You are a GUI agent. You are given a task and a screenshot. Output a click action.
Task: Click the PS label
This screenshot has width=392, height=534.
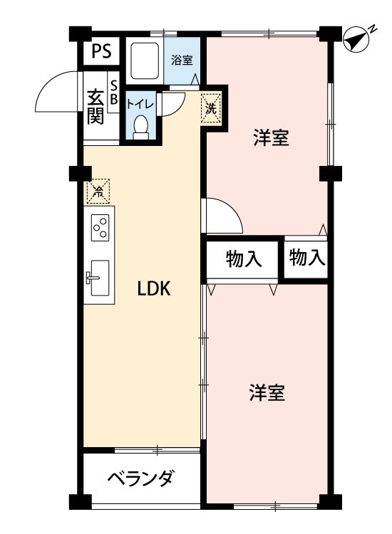102,51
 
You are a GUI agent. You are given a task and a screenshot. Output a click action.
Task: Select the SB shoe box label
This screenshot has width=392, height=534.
114,92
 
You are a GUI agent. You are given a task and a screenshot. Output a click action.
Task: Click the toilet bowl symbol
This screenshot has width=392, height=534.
141,127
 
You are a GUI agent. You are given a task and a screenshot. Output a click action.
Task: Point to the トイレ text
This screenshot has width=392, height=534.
140,103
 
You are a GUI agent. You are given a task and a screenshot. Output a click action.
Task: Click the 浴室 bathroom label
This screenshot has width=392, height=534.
182,61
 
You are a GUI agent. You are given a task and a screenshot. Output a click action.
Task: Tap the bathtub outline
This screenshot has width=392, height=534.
145,61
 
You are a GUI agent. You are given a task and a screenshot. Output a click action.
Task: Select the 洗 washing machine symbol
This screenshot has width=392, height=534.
211,108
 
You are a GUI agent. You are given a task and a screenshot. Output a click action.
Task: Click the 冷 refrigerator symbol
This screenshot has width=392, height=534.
98,192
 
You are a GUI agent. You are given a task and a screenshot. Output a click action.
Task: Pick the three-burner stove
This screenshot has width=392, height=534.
100,228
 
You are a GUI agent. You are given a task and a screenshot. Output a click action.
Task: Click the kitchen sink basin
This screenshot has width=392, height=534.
100,278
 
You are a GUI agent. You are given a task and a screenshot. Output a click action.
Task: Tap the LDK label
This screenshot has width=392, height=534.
154,289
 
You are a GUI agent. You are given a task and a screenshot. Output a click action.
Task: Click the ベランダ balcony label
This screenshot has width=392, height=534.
141,478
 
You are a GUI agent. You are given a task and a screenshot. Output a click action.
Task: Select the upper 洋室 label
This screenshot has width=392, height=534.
271,137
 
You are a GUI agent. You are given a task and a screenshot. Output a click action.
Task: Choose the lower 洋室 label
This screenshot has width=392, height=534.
267,392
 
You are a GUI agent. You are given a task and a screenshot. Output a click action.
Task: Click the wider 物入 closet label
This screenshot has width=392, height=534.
243,259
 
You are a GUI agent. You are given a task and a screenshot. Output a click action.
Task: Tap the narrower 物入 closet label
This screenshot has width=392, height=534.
306,257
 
